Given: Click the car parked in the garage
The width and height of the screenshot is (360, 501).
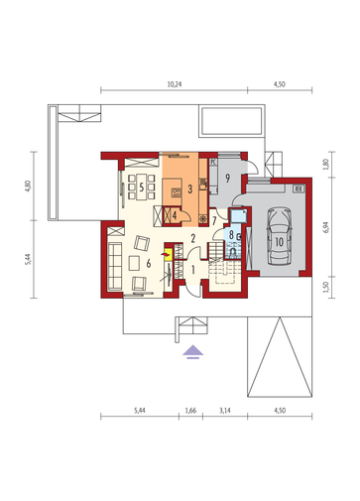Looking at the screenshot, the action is click(280, 236).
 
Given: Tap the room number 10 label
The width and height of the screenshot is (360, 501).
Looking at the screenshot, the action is click(280, 242).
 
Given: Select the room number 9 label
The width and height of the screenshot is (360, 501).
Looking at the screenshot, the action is click(227, 179).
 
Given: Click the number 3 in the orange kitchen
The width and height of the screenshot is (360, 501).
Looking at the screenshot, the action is click(190, 189).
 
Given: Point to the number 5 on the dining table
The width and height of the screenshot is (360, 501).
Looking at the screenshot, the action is click(142, 188).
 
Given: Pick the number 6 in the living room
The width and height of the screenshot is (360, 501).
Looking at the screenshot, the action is click(149, 264).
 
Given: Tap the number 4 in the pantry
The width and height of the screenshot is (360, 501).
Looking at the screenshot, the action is click(174, 216).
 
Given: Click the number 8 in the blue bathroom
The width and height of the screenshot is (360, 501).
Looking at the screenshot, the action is click(232, 235).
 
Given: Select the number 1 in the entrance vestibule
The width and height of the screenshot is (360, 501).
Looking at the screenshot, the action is click(193, 270).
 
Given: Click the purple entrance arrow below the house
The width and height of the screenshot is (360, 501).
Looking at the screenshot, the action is click(193, 351).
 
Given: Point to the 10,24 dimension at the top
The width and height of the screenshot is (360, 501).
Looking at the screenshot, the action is click(175, 84).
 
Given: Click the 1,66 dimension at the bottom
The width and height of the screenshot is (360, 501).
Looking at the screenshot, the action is click(190, 411).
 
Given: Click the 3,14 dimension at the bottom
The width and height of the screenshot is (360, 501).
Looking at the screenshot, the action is click(225, 411).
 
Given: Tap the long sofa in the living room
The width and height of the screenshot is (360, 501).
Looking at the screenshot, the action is click(115, 267).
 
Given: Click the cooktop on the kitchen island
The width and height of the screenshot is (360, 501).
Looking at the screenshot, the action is click(176, 192).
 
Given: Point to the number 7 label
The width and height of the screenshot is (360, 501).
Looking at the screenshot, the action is click(214, 220).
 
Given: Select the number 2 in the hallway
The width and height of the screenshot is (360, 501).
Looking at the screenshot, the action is click(193, 238).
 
